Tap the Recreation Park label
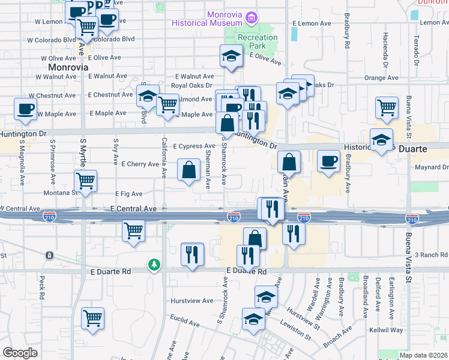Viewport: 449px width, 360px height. pyautogui.click(x=258, y=41)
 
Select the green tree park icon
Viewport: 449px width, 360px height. pyautogui.click(x=155, y=264)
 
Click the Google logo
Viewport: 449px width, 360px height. pyautogui.click(x=20, y=353)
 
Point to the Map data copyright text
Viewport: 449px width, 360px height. pyautogui.click(x=424, y=355)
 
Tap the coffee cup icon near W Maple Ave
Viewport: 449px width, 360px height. pyautogui.click(x=25, y=109)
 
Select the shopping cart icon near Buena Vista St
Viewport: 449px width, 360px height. pyautogui.click(x=387, y=108)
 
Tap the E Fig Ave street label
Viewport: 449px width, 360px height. pyautogui.click(x=129, y=194)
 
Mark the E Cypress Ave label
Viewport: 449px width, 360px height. pyautogui.click(x=194, y=146)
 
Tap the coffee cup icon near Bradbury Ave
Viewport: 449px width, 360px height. pyautogui.click(x=328, y=161)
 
